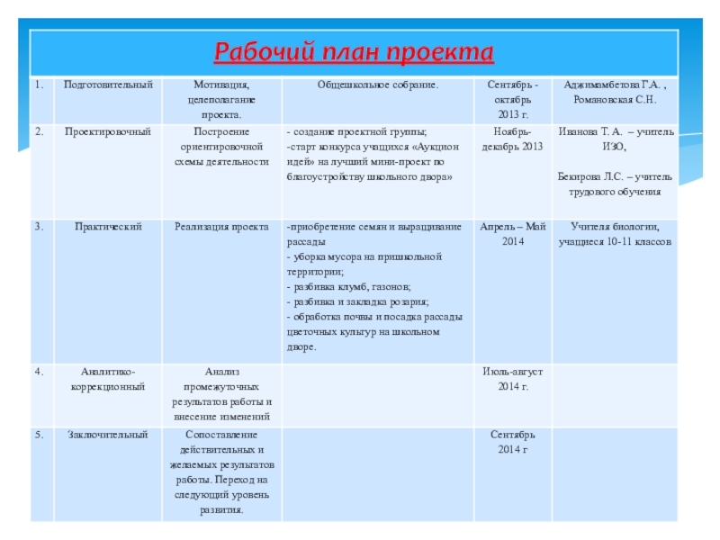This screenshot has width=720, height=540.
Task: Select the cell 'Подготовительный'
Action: point(108,85)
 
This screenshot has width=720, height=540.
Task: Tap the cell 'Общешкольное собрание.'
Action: point(378,85)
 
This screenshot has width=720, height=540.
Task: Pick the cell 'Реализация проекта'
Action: point(221,226)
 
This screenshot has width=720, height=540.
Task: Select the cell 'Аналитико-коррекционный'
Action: point(108,378)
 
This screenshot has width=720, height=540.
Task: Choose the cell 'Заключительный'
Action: point(108,435)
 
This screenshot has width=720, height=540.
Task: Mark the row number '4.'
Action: point(40,370)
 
